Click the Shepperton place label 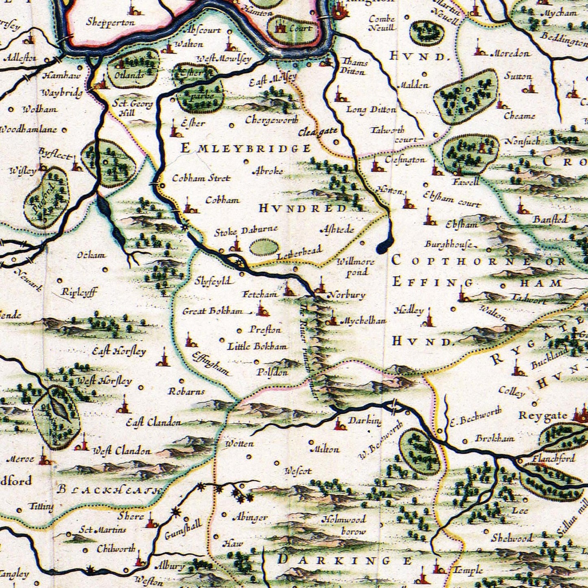pyautogui.click(x=110, y=22)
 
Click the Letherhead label pyautogui.click(x=299, y=253)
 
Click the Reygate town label pyautogui.click(x=543, y=416)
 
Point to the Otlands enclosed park pyautogui.click(x=132, y=68)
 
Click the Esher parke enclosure pyautogui.click(x=198, y=90)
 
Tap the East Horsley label pyautogui.click(x=119, y=351)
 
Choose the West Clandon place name pyautogui.click(x=122, y=451)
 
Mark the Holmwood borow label pyautogui.click(x=344, y=525)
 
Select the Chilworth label pyautogui.click(x=116, y=549)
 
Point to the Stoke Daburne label pyautogui.click(x=246, y=231)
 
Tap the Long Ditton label pyautogui.click(x=371, y=109)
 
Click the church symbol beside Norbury pyautogui.click(x=320, y=286)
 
